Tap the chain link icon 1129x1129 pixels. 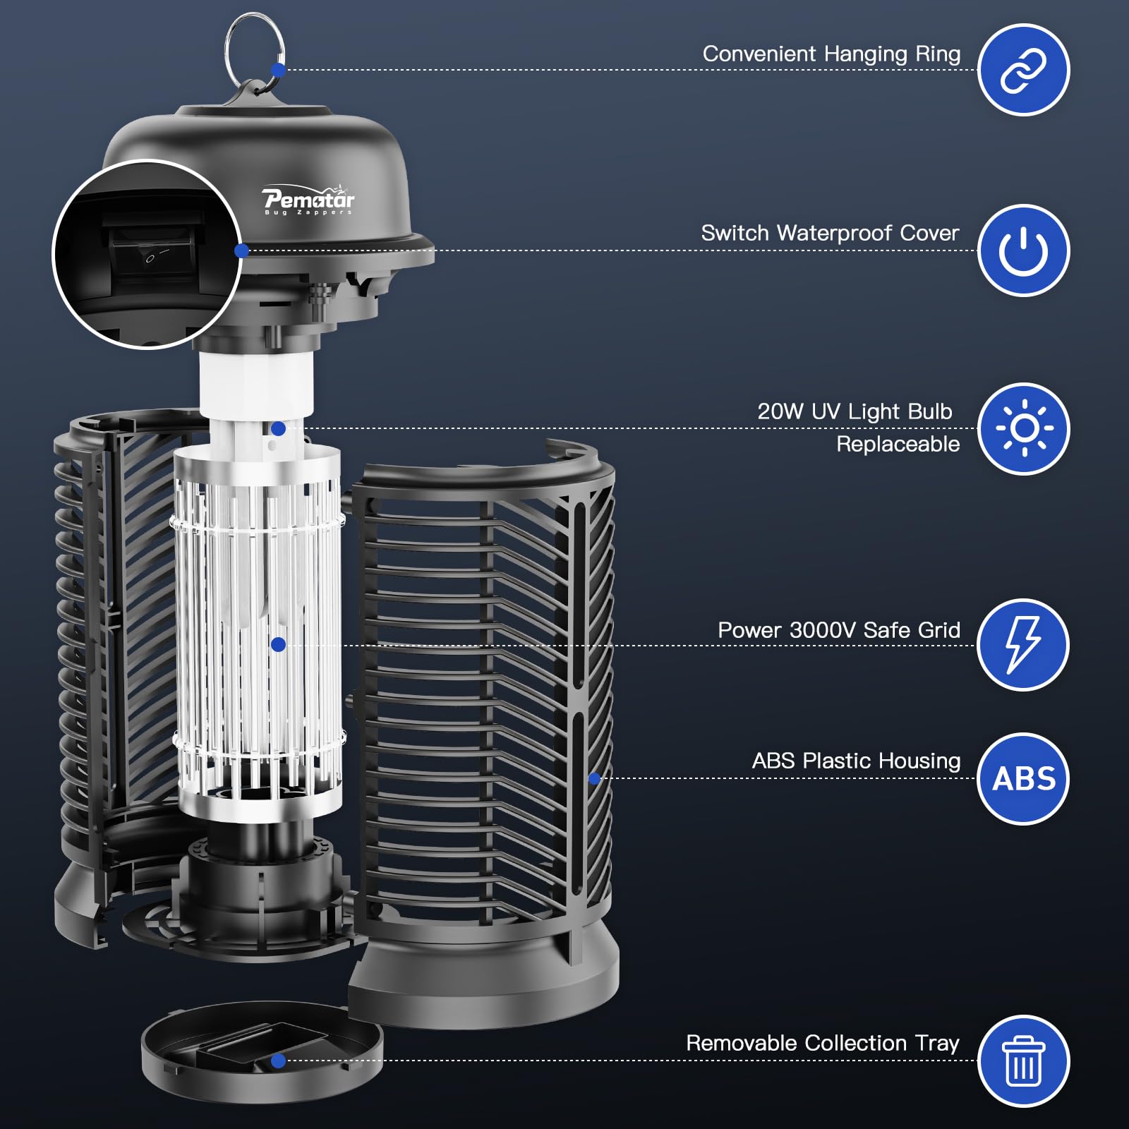tap(1023, 71)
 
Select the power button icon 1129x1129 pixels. tap(1023, 250)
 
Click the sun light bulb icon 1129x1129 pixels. tap(1024, 429)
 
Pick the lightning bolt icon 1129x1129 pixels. tap(1023, 645)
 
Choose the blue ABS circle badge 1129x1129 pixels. tap(1023, 779)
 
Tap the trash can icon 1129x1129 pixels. tap(1024, 1061)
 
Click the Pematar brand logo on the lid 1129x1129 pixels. tap(308, 200)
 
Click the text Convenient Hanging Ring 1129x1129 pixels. tap(831, 54)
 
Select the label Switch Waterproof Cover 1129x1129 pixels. tap(830, 233)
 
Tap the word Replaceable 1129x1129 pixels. tap(898, 445)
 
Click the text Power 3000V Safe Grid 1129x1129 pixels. tap(839, 630)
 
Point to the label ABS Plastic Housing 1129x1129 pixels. tap(856, 761)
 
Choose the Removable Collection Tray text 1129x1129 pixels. tap(823, 1043)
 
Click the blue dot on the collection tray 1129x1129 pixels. tap(278, 1061)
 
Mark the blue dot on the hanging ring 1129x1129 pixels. tap(278, 70)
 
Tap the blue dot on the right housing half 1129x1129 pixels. tap(594, 779)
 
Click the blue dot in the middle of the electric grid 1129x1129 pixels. tap(278, 644)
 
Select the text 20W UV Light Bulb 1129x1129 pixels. tap(855, 412)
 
